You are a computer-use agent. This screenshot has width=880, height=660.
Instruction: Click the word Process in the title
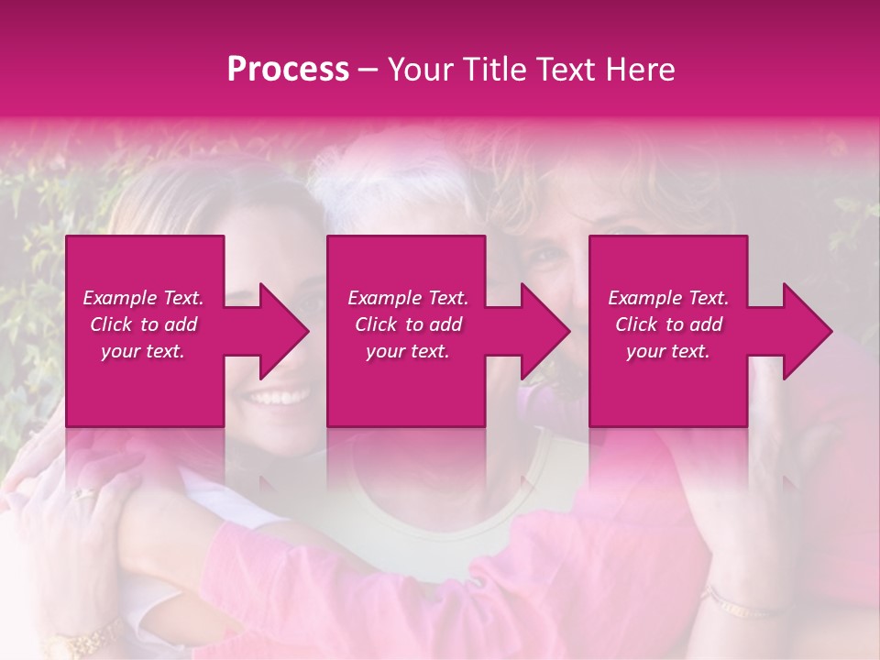pos(288,70)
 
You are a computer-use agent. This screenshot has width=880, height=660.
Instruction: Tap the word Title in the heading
pos(497,70)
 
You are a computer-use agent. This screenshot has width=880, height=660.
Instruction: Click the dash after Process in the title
pos(368,71)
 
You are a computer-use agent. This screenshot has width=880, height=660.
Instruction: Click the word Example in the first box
pos(120,298)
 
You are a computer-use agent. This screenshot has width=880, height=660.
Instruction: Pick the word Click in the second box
pos(376,324)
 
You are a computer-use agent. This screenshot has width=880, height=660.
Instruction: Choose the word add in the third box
pos(707,324)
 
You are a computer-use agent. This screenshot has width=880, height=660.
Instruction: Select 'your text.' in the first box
pos(143,351)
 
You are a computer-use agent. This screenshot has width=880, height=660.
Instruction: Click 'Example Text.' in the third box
pos(668,298)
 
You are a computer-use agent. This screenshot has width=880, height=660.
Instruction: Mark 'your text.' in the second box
pos(408,351)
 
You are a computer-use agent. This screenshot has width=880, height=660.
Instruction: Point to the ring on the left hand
pos(84,493)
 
